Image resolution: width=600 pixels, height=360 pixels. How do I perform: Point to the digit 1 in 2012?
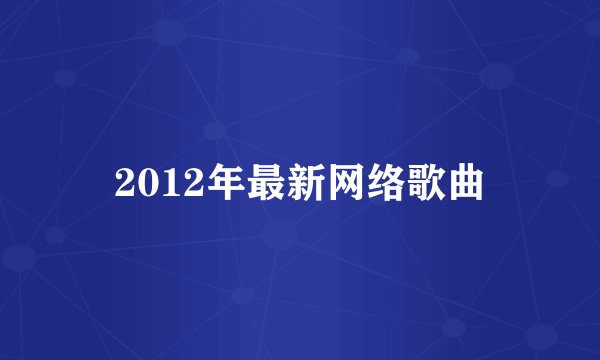coord(165,184)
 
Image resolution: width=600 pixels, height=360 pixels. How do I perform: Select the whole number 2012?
coord(154,184)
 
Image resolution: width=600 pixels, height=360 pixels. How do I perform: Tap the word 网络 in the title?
coord(361,183)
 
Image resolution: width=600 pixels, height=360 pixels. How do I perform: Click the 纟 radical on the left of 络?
coord(371,184)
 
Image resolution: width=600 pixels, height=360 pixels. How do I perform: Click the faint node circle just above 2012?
coord(214,130)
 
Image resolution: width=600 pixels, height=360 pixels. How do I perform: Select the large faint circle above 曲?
coord(497,75)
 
